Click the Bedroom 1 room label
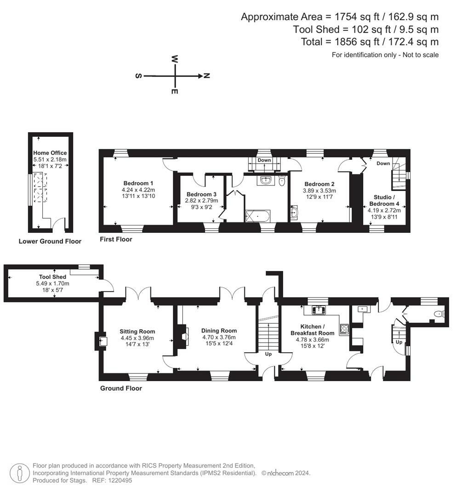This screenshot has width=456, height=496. point(138,182)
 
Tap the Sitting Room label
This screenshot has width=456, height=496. point(137,331)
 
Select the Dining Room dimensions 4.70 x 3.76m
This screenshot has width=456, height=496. point(219,337)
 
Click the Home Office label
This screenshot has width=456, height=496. point(50,153)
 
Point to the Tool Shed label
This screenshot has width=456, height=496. point(52,277)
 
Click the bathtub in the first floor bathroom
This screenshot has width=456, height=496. point(258,215)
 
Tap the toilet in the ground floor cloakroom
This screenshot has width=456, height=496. point(439,314)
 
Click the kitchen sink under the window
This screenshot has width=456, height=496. point(319,310)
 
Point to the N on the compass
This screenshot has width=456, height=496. point(207,76)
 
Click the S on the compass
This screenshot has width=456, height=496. point(138,76)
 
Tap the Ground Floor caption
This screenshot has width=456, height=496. point(121,388)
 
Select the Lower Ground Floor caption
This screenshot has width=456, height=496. point(50,241)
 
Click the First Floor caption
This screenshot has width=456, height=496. point(116,239)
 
